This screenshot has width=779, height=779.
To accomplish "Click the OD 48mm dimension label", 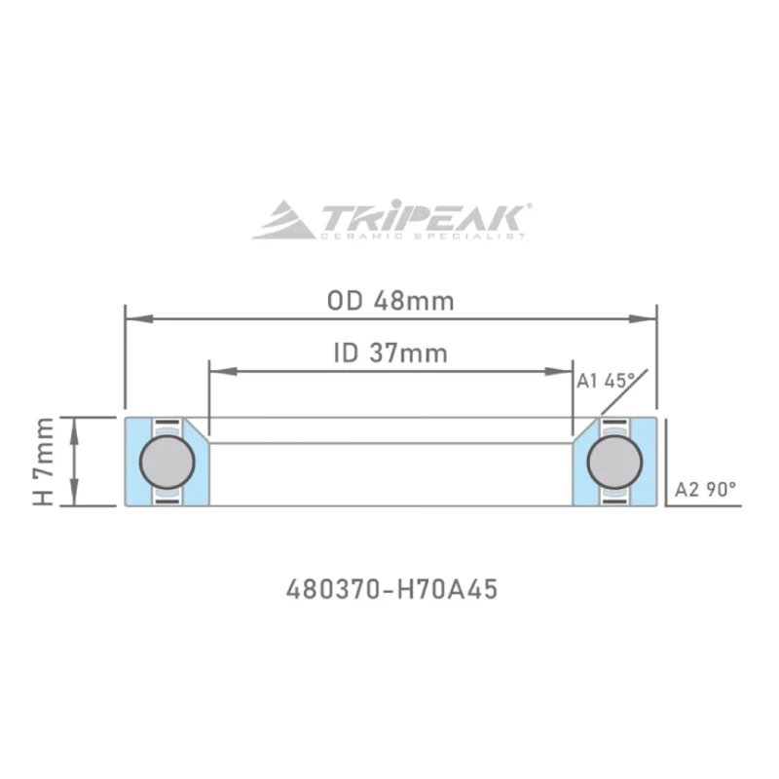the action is pyautogui.click(x=390, y=301).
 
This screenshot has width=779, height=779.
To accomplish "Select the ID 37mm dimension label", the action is pyautogui.click(x=390, y=353).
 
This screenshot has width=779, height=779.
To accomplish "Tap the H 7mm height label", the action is pyautogui.click(x=43, y=462).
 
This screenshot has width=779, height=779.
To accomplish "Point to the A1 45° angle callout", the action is pyautogui.click(x=606, y=381).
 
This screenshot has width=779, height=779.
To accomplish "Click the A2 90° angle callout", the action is pyautogui.click(x=705, y=490).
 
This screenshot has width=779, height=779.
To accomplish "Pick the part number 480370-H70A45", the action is pyautogui.click(x=391, y=590).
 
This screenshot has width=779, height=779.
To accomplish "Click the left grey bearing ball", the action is pyautogui.click(x=167, y=462).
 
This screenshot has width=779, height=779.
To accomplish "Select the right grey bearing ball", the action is pyautogui.click(x=614, y=462).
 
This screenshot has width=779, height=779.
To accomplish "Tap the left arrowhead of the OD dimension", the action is pyautogui.click(x=139, y=318).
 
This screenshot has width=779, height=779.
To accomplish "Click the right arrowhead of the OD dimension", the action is pyautogui.click(x=643, y=318).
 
